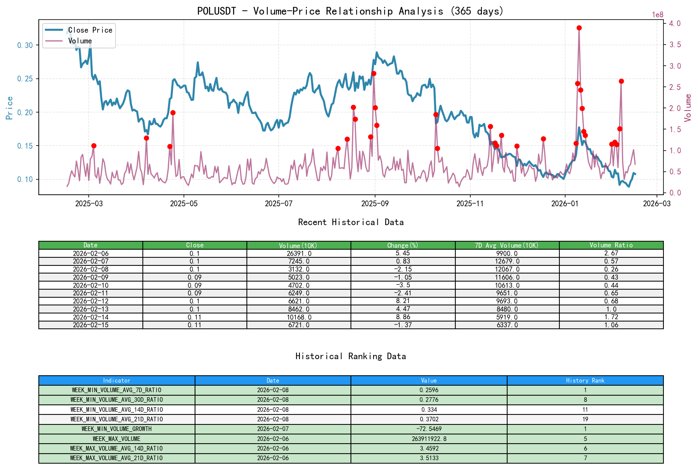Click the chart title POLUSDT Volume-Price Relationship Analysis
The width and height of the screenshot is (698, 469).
click(350, 11)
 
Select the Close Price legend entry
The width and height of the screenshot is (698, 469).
click(90, 30)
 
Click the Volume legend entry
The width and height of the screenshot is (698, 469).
click(80, 41)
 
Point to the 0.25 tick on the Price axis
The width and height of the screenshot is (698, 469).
click(25, 79)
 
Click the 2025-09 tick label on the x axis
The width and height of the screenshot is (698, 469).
click(375, 204)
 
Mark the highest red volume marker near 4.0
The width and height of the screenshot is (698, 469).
click(579, 28)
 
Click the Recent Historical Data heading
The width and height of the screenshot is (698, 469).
click(351, 222)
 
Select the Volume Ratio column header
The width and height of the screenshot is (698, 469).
click(611, 245)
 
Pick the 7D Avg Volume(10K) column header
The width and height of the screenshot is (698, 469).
click(507, 245)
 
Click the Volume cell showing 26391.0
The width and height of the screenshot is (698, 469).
click(299, 254)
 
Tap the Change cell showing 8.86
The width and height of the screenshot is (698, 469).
click(403, 317)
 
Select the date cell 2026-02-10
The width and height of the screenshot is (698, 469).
click(91, 285)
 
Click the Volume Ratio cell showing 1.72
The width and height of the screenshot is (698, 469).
click(611, 317)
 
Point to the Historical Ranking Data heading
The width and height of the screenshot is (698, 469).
click(351, 356)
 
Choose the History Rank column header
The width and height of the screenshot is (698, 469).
click(585, 380)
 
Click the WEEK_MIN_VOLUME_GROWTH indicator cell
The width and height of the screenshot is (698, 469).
click(116, 429)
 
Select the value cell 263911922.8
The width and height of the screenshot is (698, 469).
click(428, 439)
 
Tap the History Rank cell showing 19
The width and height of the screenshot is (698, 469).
click(585, 419)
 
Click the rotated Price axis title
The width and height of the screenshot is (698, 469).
click(10, 108)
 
